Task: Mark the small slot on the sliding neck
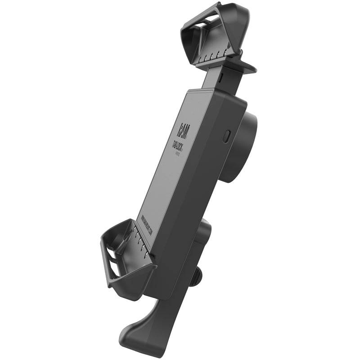pos(221,77)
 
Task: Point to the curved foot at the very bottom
pos(135,331)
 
